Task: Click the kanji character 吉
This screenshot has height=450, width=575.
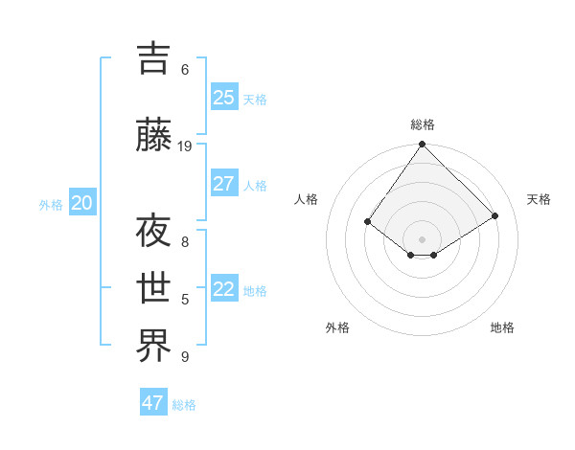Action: click(x=155, y=58)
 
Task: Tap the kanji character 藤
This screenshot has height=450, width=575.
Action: click(x=155, y=136)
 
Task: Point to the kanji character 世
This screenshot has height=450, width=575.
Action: click(x=155, y=288)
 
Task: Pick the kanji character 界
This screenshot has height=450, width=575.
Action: click(x=155, y=346)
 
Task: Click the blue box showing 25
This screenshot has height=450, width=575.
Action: click(x=224, y=98)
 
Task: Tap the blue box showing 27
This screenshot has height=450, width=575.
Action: click(x=224, y=184)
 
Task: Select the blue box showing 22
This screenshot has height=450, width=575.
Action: click(x=224, y=289)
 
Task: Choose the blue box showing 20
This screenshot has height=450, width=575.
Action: click(x=82, y=203)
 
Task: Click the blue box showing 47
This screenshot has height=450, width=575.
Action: click(x=153, y=403)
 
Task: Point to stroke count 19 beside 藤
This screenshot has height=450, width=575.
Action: click(x=185, y=146)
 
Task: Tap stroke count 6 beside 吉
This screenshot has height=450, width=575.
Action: click(x=185, y=69)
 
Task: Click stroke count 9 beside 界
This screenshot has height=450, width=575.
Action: click(x=185, y=356)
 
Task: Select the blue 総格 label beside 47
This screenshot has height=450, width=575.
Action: click(x=184, y=405)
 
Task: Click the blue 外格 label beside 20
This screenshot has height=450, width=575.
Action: click(x=51, y=204)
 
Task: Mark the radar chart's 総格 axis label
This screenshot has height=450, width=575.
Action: click(x=422, y=124)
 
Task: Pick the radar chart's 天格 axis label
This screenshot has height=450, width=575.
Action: click(x=539, y=199)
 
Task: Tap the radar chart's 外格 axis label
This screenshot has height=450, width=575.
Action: click(x=337, y=327)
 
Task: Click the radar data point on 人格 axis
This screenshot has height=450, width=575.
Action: click(x=367, y=222)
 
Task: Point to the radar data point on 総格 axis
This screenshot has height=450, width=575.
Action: click(x=422, y=145)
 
